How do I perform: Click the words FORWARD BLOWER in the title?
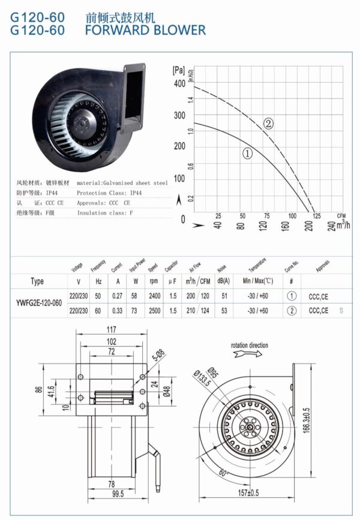145,29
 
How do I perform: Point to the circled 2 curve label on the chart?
268,124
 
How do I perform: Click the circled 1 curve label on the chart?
247,154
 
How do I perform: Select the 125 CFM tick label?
316,216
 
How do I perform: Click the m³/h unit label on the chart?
343,224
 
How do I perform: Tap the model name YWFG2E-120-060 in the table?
38,302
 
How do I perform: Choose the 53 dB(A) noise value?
224,310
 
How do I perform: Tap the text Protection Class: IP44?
109,193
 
